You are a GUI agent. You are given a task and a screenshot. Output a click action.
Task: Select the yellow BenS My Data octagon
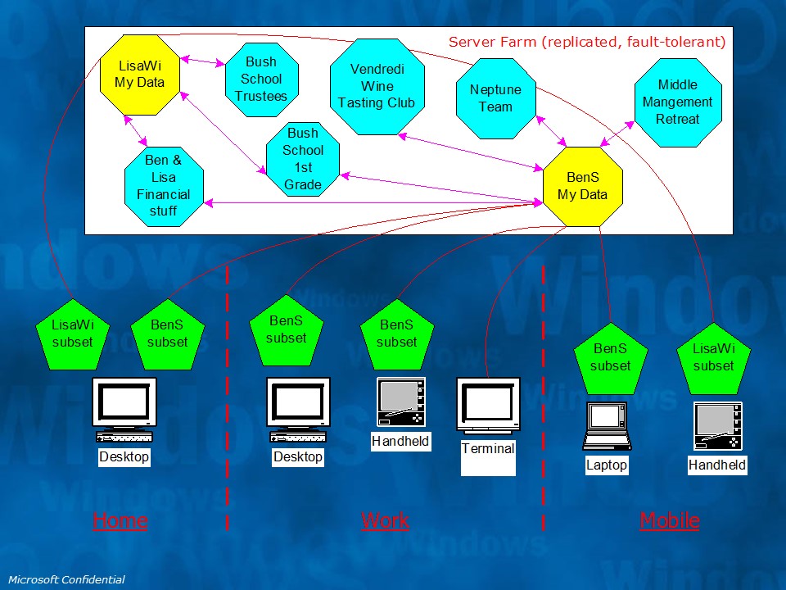pos(582,186)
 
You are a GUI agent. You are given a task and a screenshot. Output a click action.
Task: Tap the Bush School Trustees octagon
pos(261,79)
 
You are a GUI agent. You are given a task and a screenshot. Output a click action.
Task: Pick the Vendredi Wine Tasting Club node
pos(377,86)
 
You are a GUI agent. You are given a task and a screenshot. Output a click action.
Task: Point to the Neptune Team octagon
pos(495,98)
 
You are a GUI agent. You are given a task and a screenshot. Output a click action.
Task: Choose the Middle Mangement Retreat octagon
pos(677,102)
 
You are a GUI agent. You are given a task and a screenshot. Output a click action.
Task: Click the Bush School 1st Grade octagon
pos(303,159)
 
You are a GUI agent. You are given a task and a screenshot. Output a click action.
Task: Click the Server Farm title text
pos(586,42)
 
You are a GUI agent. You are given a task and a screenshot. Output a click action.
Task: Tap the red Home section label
pos(120,520)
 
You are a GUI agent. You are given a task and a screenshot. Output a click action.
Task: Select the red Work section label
pos(385,520)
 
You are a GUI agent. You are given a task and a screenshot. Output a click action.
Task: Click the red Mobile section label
pos(669,520)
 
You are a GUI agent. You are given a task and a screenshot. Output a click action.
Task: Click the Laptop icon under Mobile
pos(607,426)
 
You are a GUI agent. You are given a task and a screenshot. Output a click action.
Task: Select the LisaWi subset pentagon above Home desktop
pos(73,334)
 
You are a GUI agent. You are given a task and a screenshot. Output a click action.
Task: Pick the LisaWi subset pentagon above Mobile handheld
pos(713,357)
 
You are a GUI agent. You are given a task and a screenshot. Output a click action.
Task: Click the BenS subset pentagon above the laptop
pos(610,357)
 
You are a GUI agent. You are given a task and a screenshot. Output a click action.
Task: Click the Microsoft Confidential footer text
pos(66,580)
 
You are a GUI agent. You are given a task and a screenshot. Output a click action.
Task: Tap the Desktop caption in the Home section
pos(124,456)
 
